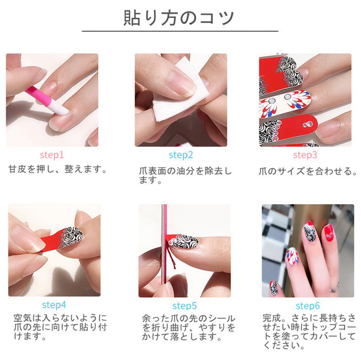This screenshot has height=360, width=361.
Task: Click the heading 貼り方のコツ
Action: [x=178, y=18]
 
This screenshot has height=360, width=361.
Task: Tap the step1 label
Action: [x=52, y=155]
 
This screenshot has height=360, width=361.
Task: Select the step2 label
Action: [x=180, y=155]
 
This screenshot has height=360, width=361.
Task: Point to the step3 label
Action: [x=305, y=155]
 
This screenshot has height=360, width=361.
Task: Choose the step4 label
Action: [x=54, y=305]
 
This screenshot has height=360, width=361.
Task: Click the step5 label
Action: [x=185, y=306]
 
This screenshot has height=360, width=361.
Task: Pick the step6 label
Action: [x=307, y=306]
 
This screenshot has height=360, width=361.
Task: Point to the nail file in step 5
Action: [x=164, y=250]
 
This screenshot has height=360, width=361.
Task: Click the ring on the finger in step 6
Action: [x=334, y=288]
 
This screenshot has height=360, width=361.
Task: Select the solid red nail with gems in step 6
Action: [x=329, y=233]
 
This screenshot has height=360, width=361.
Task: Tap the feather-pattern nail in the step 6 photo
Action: [x=292, y=256]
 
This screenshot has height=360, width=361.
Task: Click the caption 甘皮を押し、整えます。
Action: [x=58, y=169]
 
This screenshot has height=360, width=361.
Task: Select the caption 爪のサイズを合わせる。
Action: [x=308, y=171]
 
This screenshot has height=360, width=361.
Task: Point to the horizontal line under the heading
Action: [x=180, y=31]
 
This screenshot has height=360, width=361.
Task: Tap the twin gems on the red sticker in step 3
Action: [x=307, y=124]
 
